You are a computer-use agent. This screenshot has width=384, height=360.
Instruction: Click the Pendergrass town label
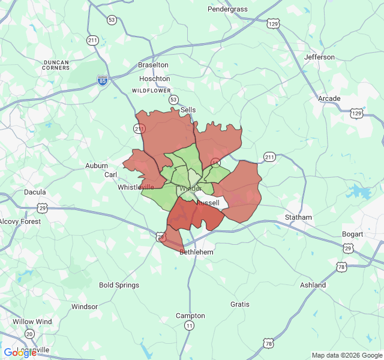coord(227,9)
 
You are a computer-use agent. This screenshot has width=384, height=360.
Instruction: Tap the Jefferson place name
coord(319,57)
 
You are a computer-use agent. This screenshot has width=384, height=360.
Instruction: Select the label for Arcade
coord(329,98)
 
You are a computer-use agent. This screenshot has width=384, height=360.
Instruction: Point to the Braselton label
coord(153,65)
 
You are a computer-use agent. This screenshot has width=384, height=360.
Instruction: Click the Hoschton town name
coord(154,79)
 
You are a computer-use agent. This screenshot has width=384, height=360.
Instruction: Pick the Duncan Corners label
coord(56,65)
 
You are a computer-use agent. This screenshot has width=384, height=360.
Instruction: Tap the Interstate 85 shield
coord(103,80)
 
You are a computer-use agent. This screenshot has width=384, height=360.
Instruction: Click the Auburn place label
coord(97,166)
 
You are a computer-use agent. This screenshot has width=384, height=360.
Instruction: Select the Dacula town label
coord(35,193)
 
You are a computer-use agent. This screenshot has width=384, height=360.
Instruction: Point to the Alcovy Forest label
coord(20,221)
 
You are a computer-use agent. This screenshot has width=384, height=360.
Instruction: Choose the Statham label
coord(298,217)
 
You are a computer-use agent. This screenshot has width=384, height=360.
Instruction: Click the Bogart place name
coord(352,234)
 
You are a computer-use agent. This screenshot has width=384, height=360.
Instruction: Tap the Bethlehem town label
coord(196,253)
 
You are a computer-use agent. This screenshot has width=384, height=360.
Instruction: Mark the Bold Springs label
coord(119,286)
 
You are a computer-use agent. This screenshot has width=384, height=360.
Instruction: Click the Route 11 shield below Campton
coord(190,325)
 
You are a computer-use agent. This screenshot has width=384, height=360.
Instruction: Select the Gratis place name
coord(240,304)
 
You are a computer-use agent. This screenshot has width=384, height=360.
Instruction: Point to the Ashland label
coord(313,285)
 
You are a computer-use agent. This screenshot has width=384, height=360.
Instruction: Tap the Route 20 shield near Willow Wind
coord(29,334)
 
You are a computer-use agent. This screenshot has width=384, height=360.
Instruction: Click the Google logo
coord(20,353)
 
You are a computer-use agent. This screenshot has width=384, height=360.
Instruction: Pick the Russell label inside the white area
coord(208,203)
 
